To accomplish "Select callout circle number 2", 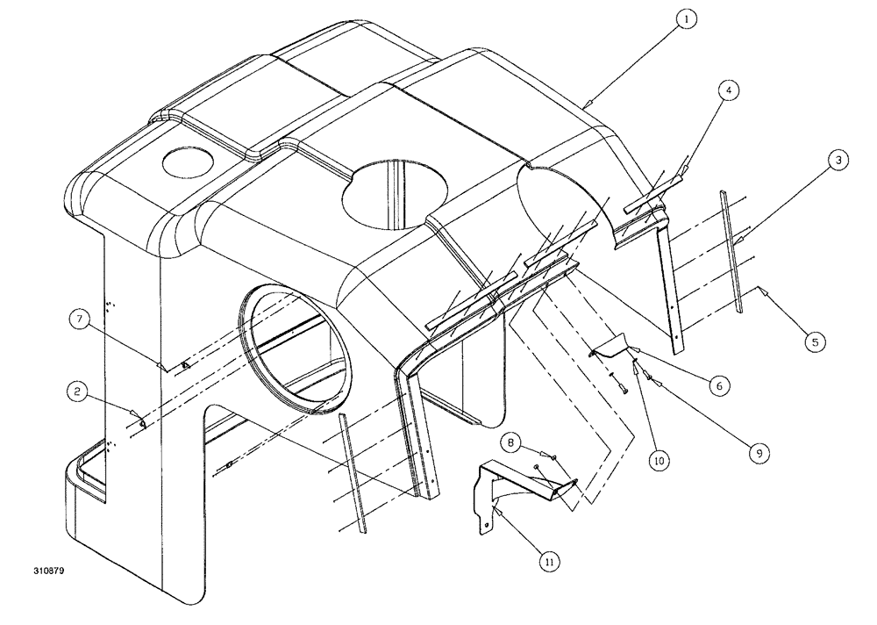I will coord(78,393).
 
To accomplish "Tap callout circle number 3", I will coord(839,161).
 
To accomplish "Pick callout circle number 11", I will coord(550,558).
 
